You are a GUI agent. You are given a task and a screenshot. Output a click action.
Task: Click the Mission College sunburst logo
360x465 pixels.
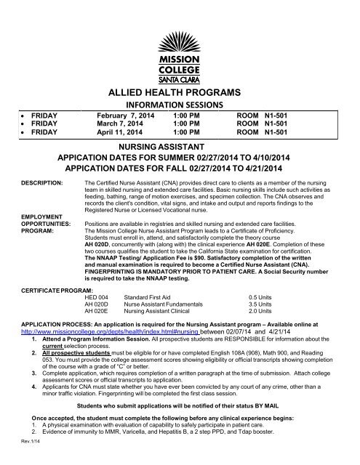tap(179, 25)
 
